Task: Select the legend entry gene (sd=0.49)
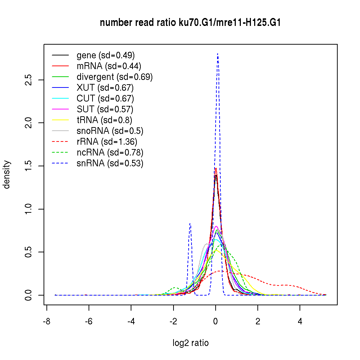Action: click(x=105, y=55)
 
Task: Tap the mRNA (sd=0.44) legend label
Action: click(x=109, y=66)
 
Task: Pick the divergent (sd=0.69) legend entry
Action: click(x=114, y=77)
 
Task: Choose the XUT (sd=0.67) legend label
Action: click(x=105, y=88)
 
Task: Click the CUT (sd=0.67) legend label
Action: click(x=105, y=99)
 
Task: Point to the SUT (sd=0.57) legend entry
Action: click(x=105, y=109)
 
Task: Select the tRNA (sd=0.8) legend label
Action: click(x=104, y=120)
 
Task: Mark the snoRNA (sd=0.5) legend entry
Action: click(x=110, y=131)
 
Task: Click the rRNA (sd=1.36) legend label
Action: click(x=107, y=142)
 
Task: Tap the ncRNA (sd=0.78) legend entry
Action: click(x=110, y=153)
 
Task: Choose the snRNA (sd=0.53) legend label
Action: click(x=110, y=163)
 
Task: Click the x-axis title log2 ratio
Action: click(x=190, y=343)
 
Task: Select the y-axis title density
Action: click(x=7, y=175)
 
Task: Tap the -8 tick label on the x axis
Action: click(x=46, y=322)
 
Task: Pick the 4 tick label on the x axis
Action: click(x=300, y=322)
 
